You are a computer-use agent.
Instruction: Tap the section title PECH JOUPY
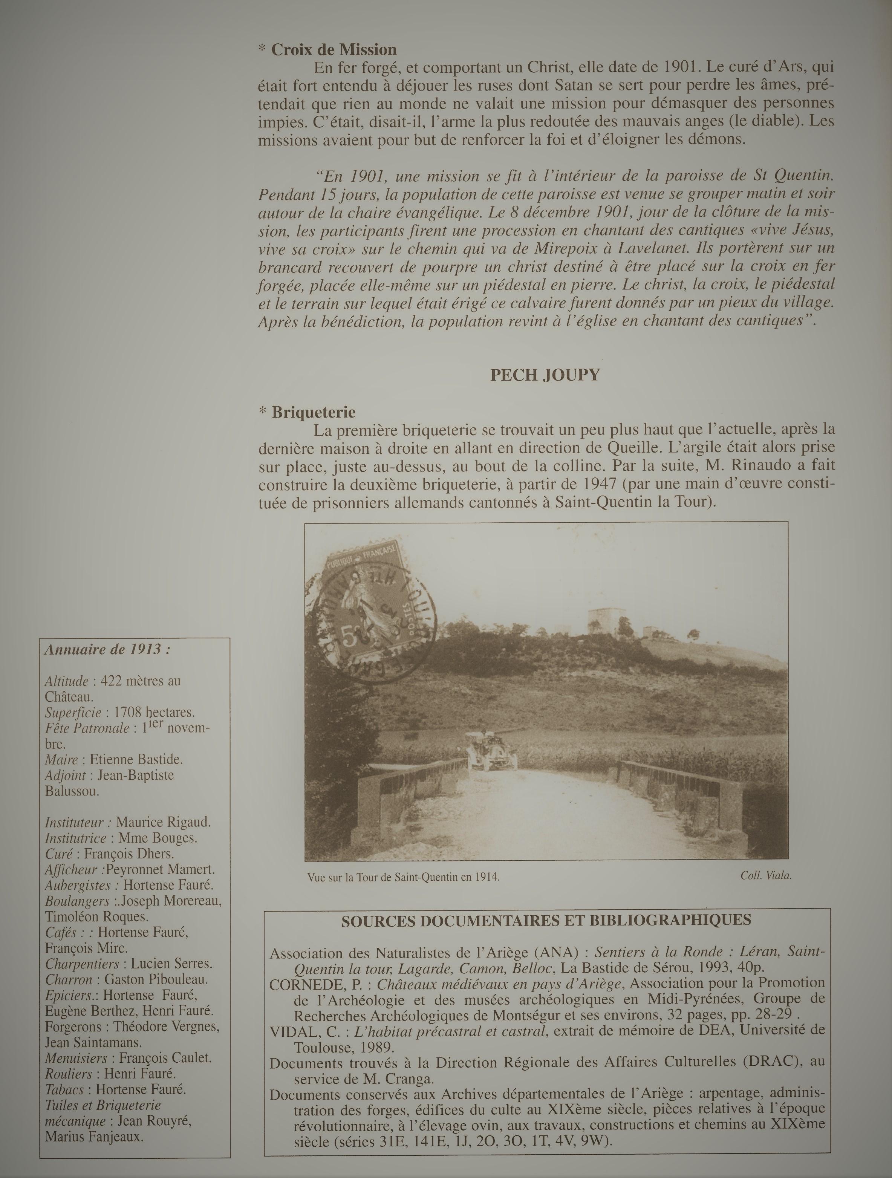(x=545, y=375)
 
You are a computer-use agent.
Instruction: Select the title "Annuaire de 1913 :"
(x=107, y=650)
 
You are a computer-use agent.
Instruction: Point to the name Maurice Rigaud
(x=163, y=822)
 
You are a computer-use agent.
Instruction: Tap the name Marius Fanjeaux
(x=94, y=1137)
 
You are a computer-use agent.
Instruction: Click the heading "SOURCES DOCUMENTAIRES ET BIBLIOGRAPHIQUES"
(x=546, y=920)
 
